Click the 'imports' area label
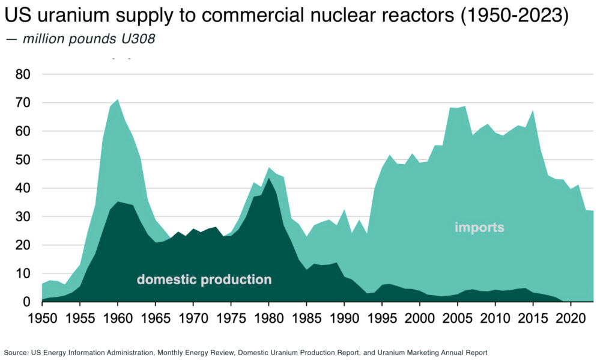(479, 227)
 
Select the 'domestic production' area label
(204, 279)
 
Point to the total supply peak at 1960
(118, 100)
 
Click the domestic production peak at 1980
(268, 178)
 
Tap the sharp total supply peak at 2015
(533, 111)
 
